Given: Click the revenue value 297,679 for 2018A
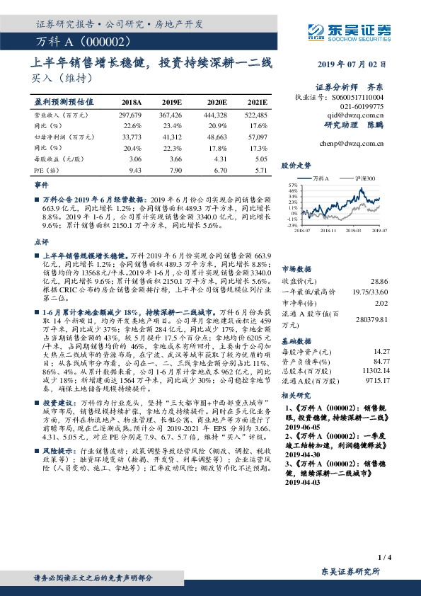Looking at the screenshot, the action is tap(131, 114).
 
